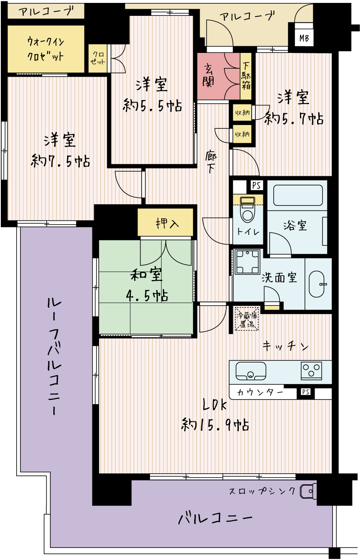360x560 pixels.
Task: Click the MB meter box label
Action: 304,38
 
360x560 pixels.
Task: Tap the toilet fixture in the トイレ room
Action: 247,210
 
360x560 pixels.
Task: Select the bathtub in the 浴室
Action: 298,195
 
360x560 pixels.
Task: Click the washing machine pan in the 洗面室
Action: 248,262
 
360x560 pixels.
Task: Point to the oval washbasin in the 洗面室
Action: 317,284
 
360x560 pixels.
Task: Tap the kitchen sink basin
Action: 251,371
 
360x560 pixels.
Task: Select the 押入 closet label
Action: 167,223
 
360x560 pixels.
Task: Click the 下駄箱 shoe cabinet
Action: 246,76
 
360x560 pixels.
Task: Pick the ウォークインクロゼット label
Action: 46,49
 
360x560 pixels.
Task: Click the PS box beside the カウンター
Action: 305,392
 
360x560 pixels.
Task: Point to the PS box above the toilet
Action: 257,185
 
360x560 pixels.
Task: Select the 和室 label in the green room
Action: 147,275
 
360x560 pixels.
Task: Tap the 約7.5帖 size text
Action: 60,161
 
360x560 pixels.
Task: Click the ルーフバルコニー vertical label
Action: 54,357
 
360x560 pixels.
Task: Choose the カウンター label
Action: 260,392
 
